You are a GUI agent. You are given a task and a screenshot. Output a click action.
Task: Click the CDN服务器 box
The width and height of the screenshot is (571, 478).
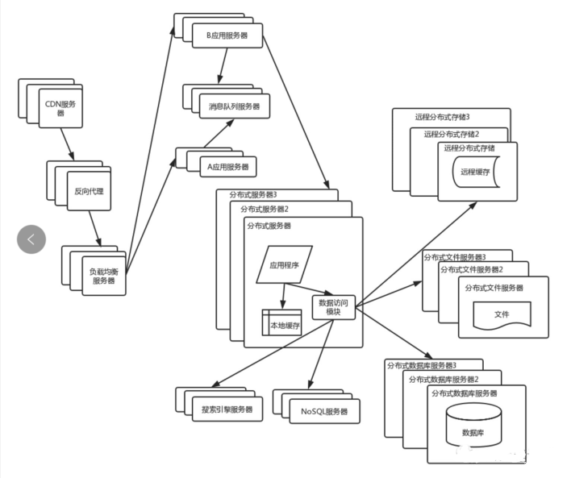[x=60, y=108]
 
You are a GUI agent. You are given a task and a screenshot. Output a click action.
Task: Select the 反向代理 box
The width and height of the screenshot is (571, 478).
[x=89, y=191]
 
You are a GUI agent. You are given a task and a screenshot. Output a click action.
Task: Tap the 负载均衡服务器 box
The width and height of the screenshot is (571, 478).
[x=104, y=276]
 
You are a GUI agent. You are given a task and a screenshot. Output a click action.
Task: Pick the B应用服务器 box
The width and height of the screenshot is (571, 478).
[x=227, y=35]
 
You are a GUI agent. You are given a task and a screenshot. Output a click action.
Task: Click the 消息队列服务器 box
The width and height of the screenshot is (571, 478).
[x=235, y=106]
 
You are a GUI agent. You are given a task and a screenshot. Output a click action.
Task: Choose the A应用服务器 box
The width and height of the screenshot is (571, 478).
[x=228, y=167]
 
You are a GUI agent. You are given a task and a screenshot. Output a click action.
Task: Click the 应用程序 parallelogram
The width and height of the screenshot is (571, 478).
[x=285, y=264]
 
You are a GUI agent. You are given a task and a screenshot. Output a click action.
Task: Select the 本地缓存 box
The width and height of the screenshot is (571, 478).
[x=281, y=322]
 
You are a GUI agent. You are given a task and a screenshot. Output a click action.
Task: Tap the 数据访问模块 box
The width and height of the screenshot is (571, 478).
[x=334, y=307]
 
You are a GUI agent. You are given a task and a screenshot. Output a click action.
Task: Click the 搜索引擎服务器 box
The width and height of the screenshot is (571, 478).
[x=227, y=409]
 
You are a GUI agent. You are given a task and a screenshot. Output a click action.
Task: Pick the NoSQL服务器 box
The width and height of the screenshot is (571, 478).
[x=324, y=411]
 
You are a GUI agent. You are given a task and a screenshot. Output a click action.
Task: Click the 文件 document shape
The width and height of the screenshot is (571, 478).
[x=502, y=314]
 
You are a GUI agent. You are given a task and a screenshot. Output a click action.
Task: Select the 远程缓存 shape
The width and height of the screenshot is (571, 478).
[x=476, y=172]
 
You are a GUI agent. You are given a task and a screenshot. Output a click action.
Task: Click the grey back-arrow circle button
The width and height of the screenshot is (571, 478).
[x=31, y=239]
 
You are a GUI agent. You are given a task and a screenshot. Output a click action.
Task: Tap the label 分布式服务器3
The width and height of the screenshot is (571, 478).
[x=253, y=195]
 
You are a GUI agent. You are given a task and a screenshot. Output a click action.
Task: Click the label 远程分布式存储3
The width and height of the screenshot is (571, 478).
[x=443, y=117]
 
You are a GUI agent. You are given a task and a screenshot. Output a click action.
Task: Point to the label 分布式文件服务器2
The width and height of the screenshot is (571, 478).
[x=472, y=269]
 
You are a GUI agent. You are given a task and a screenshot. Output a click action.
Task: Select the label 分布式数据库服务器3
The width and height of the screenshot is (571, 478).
[x=422, y=365]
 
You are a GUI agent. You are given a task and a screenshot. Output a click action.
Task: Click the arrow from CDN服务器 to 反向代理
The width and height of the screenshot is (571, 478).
[x=67, y=144]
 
